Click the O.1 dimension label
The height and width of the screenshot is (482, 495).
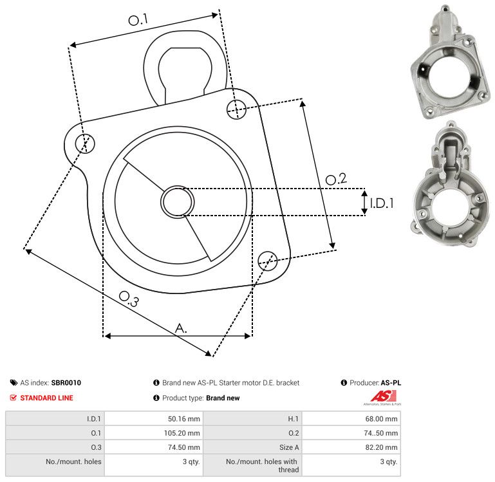[x=138, y=19]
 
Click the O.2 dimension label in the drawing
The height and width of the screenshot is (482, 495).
[x=336, y=179]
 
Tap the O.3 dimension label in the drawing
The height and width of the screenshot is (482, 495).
[x=129, y=299]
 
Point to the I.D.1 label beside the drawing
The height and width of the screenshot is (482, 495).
[x=382, y=203]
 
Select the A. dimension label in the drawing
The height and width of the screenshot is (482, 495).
[x=181, y=328]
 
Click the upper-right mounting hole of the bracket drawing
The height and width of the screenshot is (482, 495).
[x=236, y=109]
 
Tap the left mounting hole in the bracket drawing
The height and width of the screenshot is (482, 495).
[x=85, y=144]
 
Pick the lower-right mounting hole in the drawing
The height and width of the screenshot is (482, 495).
[x=268, y=261]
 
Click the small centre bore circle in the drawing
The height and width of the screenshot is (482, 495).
[x=178, y=202]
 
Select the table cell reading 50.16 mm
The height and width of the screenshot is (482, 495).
[x=183, y=419]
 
